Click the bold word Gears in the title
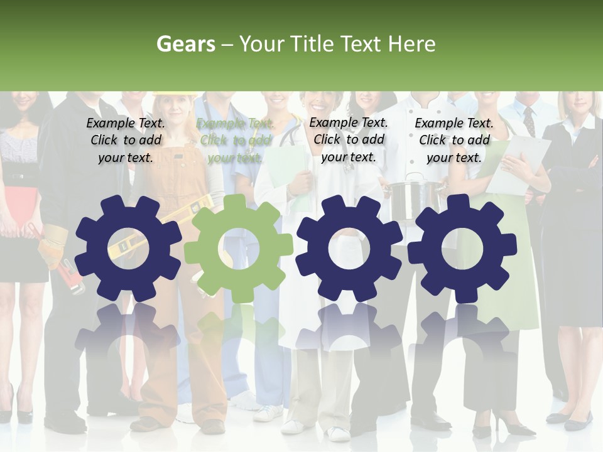pos(185,44)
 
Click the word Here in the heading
pos(411,44)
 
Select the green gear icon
pos(238,249)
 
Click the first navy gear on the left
pos(128,249)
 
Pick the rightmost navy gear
pos(462,249)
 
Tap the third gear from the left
pos(349,249)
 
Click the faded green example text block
pos(236,141)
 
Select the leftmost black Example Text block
pos(126,140)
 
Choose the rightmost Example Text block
pos(454,140)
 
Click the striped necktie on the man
pos(529,120)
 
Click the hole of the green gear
pos(238,249)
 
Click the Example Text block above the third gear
pos(349,139)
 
